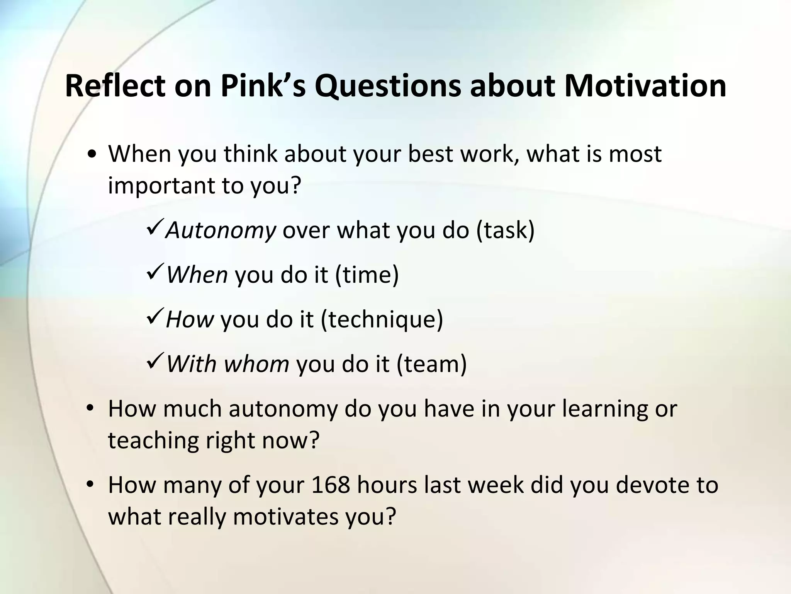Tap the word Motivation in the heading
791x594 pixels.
[x=645, y=86]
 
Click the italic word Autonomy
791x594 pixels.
[x=221, y=231]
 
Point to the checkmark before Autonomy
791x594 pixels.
[x=155, y=229]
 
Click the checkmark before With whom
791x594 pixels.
[x=155, y=363]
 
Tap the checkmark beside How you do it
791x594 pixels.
[x=155, y=318]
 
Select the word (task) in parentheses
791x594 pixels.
[x=505, y=231]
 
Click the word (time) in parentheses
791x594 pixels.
[x=367, y=275]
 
